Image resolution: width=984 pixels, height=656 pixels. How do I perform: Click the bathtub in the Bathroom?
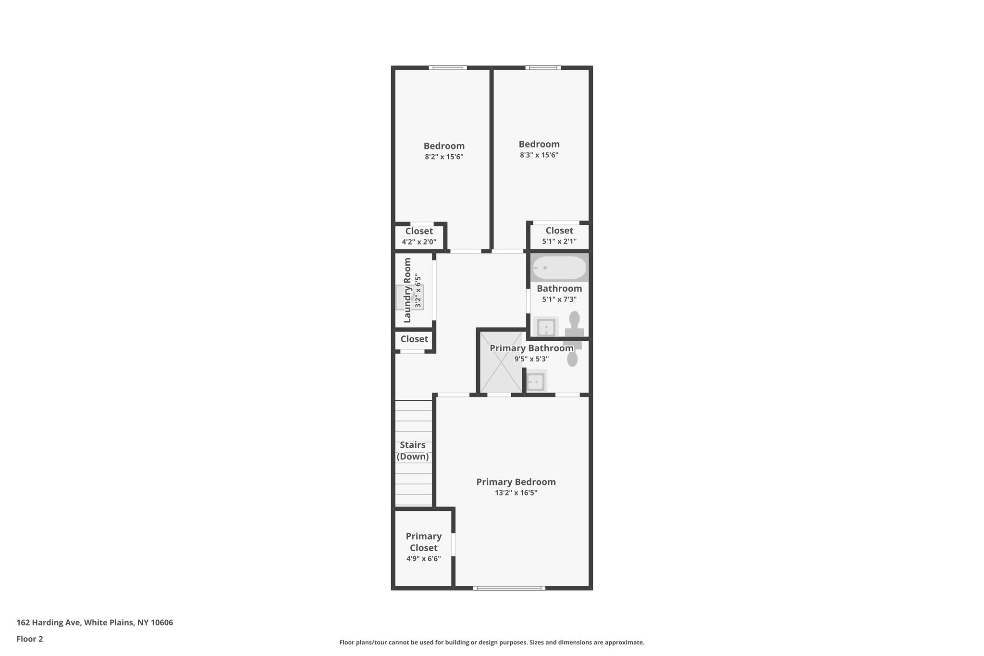tap(559, 268)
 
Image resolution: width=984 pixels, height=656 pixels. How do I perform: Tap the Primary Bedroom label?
tap(516, 482)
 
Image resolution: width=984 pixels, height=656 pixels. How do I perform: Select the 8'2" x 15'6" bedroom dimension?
tap(444, 157)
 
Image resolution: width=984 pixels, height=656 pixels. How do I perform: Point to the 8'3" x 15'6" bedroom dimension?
tap(539, 155)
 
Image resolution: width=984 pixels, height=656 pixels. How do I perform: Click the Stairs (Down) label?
tap(412, 451)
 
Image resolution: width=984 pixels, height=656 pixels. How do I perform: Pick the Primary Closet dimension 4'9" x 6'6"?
tap(423, 558)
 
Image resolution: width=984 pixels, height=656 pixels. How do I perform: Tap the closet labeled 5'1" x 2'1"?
tap(559, 235)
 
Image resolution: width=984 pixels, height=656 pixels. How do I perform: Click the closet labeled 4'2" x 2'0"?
tap(419, 236)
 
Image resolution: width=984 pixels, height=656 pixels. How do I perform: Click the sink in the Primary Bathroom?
tap(535, 382)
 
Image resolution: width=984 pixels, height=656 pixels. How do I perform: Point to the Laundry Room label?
tap(407, 290)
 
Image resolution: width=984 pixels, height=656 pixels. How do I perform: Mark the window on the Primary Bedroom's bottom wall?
tap(509, 588)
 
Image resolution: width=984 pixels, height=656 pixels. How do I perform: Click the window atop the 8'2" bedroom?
tap(448, 68)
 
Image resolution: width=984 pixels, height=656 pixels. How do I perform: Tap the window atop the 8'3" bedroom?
tap(543, 68)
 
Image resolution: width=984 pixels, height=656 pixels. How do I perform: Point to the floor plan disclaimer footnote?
tap(492, 642)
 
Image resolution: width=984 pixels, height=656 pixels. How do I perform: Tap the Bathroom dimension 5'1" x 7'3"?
tap(559, 299)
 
